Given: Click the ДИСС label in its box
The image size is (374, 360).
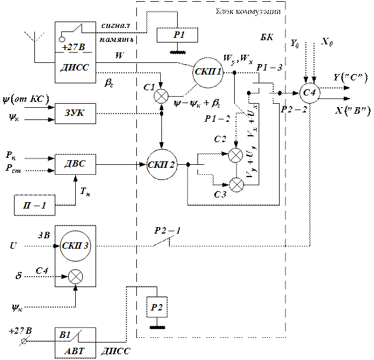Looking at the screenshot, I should coord(75,67).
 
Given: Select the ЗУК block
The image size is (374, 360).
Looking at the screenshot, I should coord(75,112).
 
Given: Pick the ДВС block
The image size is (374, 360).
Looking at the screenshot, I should coord(75,164).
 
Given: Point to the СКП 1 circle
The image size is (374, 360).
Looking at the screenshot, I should coord(209,73).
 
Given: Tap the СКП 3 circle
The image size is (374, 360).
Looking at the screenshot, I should coord(75,245).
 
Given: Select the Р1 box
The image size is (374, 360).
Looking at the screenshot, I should coord(178,36).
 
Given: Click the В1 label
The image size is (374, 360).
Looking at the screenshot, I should coord(65,335).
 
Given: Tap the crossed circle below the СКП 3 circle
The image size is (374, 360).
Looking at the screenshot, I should coord(75,277).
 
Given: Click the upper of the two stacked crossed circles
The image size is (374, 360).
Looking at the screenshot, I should coord(236,155).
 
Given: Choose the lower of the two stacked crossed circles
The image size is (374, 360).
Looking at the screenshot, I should coord(236,185).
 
